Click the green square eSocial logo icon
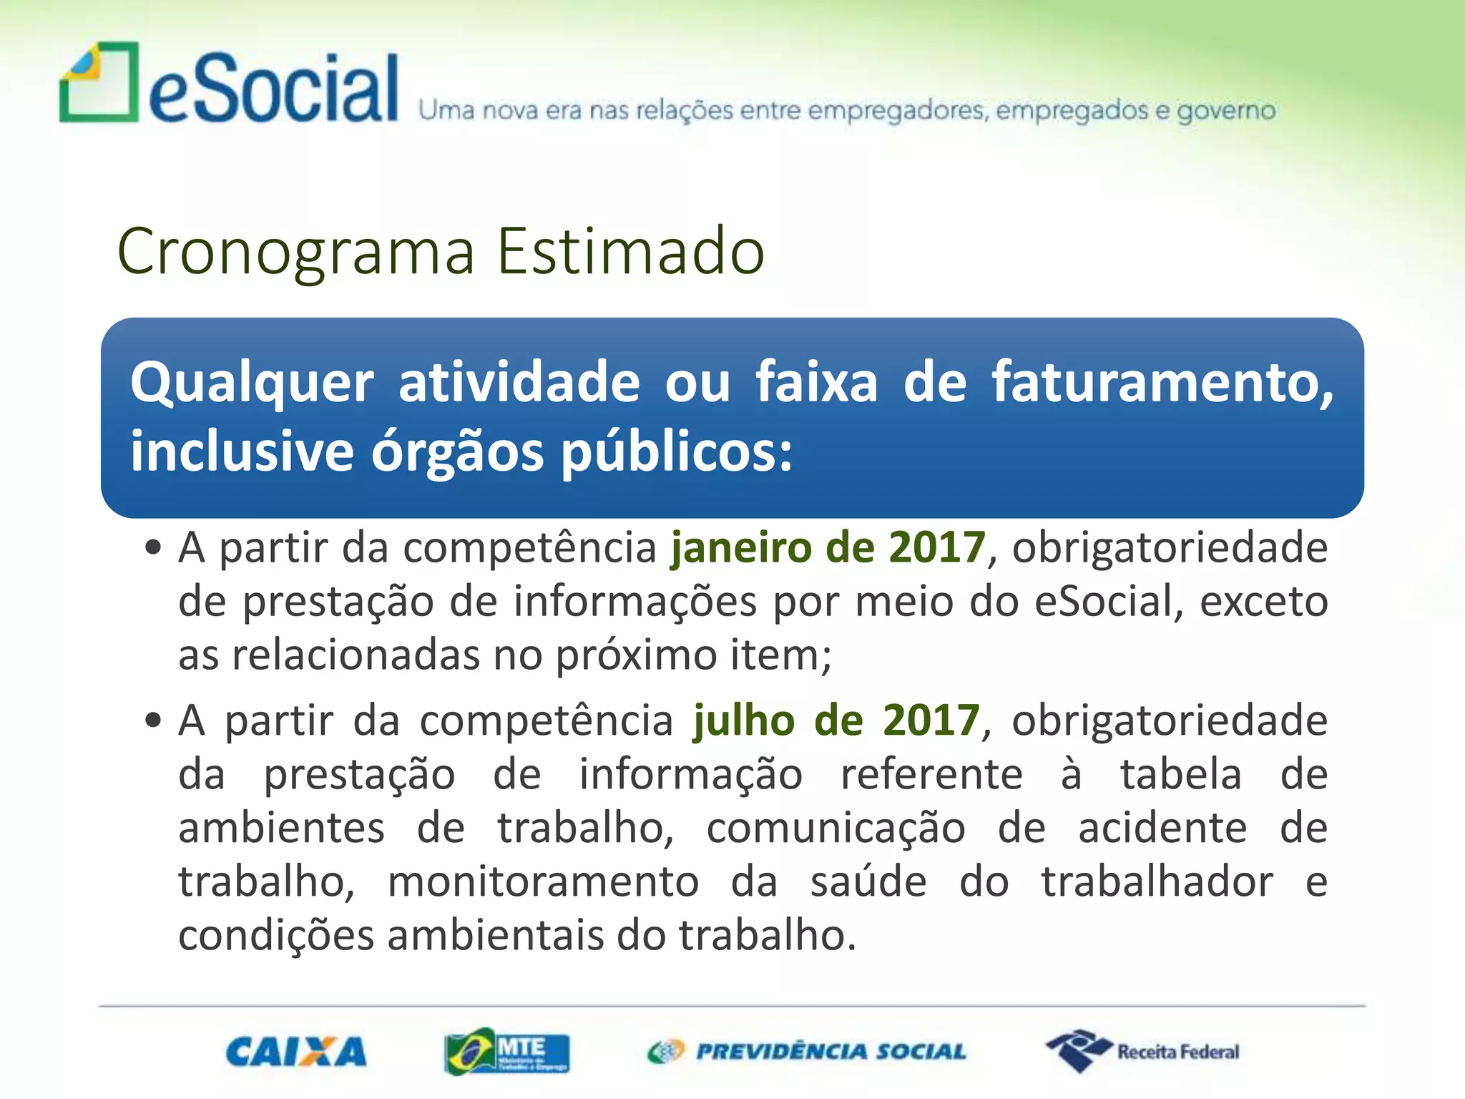coord(99,82)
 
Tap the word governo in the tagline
coord(1226,111)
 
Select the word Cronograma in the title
coord(296,251)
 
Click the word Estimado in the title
coord(631,251)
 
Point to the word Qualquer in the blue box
coord(252,384)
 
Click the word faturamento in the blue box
coord(1162,382)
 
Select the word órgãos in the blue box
coord(457,453)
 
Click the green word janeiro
coord(741,548)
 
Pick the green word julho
coord(744,721)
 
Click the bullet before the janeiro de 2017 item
coord(153,549)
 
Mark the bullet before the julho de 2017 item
coord(153,720)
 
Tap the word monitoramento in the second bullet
coord(543,881)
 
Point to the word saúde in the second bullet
coord(868,881)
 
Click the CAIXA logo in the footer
coord(296,1052)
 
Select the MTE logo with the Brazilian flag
coord(506,1051)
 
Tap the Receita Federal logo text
coord(1177,1052)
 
